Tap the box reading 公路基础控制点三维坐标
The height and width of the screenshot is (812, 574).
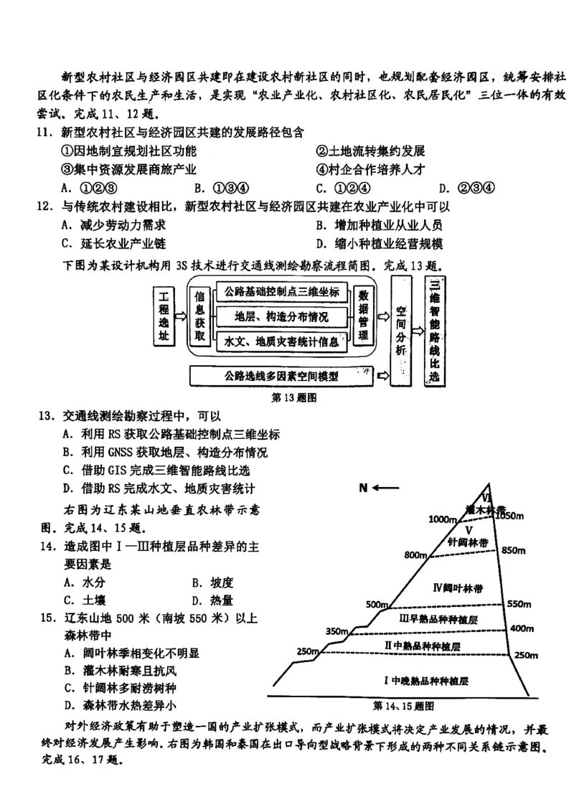[x=282, y=293]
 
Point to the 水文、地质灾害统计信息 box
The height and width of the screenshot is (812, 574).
[x=282, y=341]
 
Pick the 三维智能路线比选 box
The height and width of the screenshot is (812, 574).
[x=433, y=329]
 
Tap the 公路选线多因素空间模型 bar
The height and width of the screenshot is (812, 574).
[x=281, y=375]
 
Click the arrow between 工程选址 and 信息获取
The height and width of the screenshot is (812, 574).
[x=182, y=316]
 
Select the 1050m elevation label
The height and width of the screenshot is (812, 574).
[x=513, y=516]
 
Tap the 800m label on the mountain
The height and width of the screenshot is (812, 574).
[x=415, y=555]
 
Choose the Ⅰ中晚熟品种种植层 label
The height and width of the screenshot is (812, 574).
[x=430, y=679]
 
